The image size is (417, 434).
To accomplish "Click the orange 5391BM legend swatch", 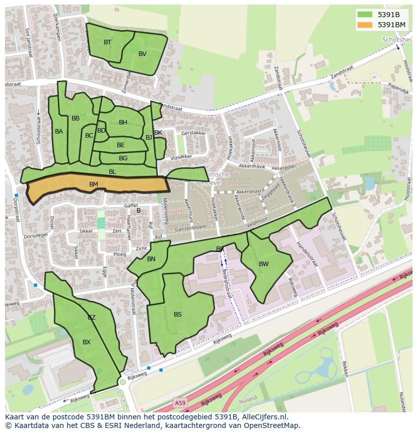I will click(365, 25).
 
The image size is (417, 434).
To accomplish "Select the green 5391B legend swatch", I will click(365, 14).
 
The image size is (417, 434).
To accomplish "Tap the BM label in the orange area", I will click(94, 184).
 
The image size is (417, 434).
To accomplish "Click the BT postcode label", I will click(107, 42).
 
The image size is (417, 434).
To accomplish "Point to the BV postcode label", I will click(143, 54).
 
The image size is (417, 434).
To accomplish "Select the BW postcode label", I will click(264, 264).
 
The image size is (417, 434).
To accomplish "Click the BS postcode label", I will click(178, 315).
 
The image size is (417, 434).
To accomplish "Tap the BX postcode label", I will click(87, 342).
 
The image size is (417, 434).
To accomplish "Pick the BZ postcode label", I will click(92, 318).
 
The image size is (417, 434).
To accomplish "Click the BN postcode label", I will click(151, 259).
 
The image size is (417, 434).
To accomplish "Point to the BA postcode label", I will click(59, 132).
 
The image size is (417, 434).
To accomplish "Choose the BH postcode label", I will click(123, 122).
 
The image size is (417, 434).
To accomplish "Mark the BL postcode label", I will click(112, 172).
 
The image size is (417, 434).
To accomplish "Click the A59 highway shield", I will click(180, 402).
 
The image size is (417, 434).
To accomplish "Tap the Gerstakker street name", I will click(193, 133).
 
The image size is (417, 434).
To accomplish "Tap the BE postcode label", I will click(121, 145).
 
